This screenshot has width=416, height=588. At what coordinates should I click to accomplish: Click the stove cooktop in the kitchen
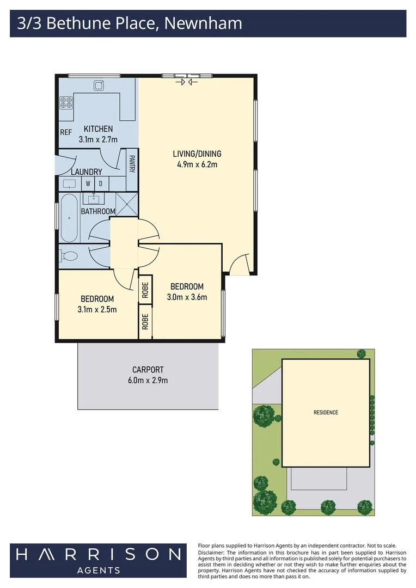tap(66, 102)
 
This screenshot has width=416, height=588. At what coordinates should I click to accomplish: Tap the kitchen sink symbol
tap(99, 85)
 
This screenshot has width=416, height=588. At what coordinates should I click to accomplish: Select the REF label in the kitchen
tap(66, 132)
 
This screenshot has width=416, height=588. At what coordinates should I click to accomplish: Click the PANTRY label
tap(132, 164)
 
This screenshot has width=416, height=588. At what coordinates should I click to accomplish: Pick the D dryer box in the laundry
tap(101, 183)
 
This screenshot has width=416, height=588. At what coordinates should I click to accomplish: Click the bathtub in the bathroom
tap(69, 218)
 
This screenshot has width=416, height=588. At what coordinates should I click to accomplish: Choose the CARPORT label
tap(148, 370)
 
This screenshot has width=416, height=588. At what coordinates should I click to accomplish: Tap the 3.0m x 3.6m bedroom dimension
tap(187, 297)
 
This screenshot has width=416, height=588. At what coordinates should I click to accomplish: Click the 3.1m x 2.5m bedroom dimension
tap(97, 309)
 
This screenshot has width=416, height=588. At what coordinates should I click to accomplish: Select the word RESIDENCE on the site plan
tap(326, 412)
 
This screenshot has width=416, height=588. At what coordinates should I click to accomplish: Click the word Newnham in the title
tap(203, 23)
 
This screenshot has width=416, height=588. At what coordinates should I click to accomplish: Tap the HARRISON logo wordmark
tap(98, 554)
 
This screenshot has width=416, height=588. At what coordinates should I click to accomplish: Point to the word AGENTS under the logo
tap(98, 571)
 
